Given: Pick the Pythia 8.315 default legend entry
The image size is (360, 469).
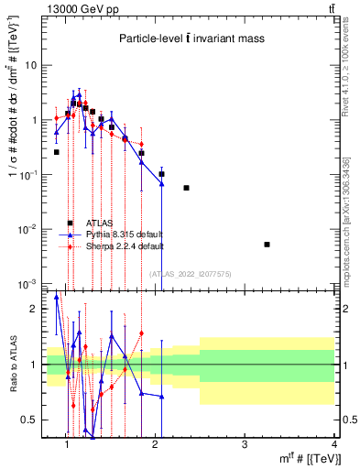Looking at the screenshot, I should tap(119, 234).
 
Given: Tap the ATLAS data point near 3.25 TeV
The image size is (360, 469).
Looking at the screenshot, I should tap(267, 245).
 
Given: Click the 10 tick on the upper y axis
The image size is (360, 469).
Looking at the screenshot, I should tap(30, 66).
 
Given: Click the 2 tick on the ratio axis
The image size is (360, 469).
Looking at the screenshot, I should tap(33, 310).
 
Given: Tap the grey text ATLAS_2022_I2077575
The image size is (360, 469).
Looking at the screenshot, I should tap(191, 273).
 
